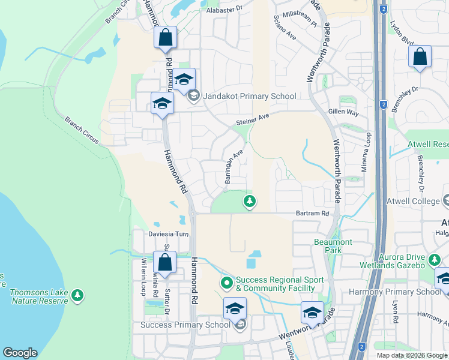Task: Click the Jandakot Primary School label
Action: pos(250,96)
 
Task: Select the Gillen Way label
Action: pos(343,113)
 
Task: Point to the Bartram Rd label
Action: pos(313,213)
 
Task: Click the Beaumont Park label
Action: pos(333,246)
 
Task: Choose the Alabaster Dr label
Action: pos(223,9)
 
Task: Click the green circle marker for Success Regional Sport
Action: pos(226,281)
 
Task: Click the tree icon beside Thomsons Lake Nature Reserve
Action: pos(76,295)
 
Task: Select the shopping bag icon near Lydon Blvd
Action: pos(420,58)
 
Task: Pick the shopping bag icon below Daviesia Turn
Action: pos(164,262)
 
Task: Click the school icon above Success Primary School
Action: pos(235,308)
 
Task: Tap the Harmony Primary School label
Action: pos(395,292)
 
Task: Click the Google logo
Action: pos(20,352)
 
